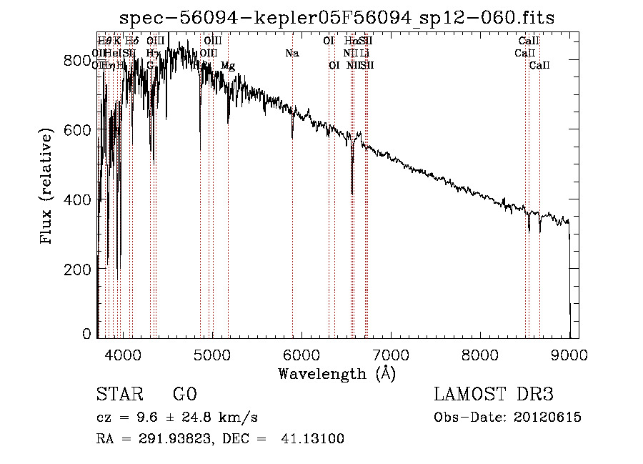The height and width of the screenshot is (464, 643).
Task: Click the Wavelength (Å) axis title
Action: click(x=337, y=373)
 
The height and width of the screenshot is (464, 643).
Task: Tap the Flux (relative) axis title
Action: click(x=48, y=187)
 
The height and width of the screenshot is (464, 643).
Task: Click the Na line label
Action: click(x=291, y=53)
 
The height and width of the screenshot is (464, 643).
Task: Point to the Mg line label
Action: click(x=227, y=66)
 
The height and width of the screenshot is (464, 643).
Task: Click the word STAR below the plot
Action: click(x=121, y=395)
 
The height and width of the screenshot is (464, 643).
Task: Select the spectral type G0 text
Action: click(x=184, y=395)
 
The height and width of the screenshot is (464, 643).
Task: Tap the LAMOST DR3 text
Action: click(x=494, y=395)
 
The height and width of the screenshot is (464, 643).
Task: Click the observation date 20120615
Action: click(x=549, y=418)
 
